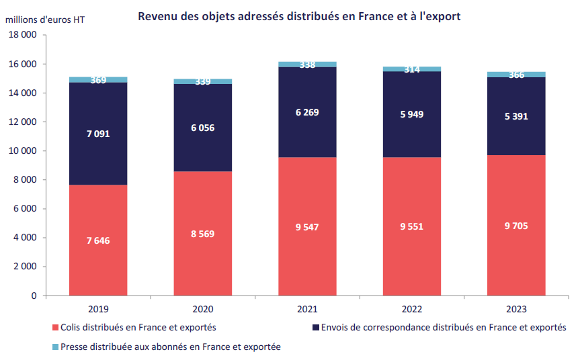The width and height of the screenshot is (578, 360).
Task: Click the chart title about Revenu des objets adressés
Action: pyautogui.click(x=299, y=16)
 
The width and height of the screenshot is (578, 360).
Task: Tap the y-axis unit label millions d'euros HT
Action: pyautogui.click(x=46, y=20)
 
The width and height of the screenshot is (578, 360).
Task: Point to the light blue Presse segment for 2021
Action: pyautogui.click(x=308, y=64)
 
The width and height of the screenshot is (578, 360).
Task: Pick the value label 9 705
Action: pyautogui.click(x=516, y=226)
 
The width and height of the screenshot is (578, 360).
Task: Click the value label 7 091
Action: pyautogui.click(x=98, y=134)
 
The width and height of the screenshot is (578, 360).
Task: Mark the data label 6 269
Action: pyautogui.click(x=307, y=112)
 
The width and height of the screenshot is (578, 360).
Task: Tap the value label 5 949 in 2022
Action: pyautogui.click(x=411, y=114)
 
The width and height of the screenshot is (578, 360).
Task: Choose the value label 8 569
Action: pyautogui.click(x=203, y=234)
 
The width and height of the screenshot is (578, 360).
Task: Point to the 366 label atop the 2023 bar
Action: pyautogui.click(x=516, y=75)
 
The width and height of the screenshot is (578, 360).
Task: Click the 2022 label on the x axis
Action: pyautogui.click(x=411, y=309)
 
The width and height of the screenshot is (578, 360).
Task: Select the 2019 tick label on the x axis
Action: pyautogui.click(x=98, y=309)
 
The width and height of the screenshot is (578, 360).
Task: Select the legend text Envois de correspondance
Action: pyautogui.click(x=444, y=328)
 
